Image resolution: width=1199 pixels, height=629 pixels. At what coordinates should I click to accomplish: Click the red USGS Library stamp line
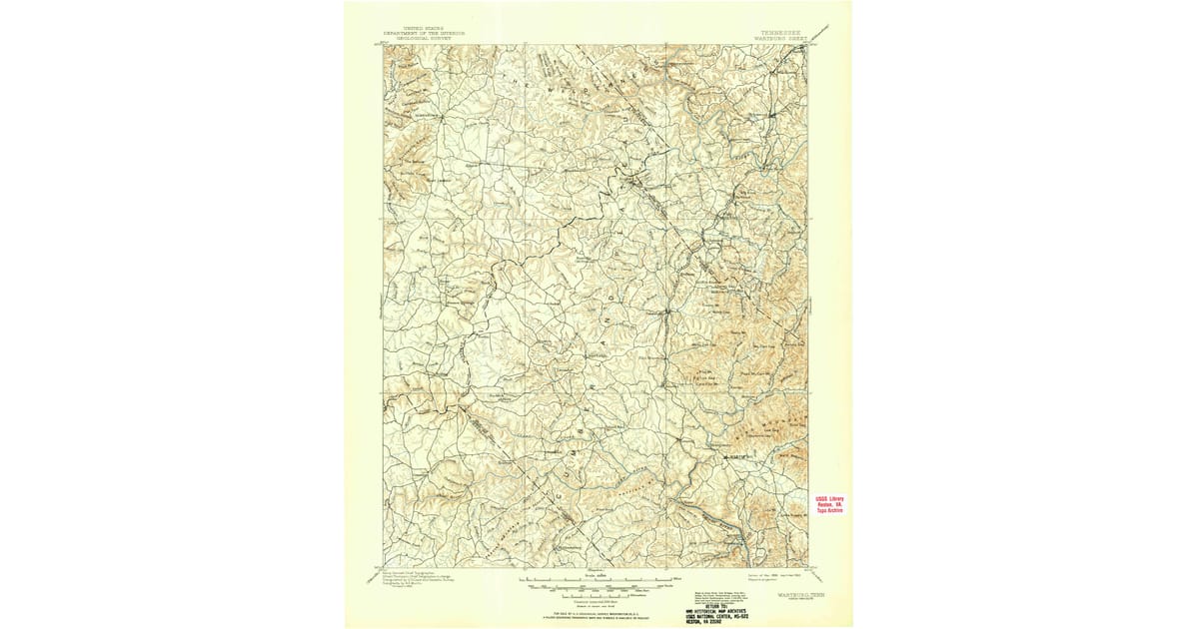click(x=830, y=499)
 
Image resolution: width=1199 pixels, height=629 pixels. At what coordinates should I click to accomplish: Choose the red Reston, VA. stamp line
click(x=830, y=505)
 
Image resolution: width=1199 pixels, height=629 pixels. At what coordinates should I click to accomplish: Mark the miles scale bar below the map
click(x=595, y=579)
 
